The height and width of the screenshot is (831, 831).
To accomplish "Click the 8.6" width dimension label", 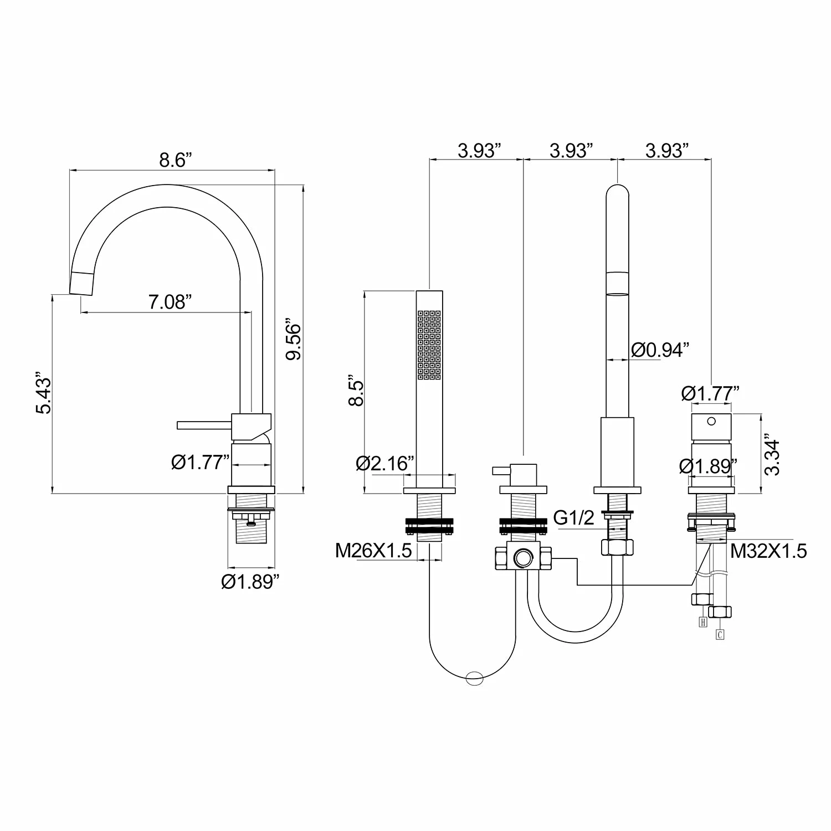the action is pos(176,160).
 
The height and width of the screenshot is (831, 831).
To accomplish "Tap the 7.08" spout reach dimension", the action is pos(170,302).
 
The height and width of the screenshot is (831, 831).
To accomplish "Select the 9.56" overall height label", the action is pos(293,339).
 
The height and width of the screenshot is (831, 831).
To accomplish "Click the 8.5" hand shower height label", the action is pos(356,393).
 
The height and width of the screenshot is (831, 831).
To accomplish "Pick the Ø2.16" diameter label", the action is pos(385,463).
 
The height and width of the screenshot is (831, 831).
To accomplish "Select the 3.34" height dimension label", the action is pos(772,454).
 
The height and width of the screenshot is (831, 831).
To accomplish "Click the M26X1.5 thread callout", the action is pos(373,550).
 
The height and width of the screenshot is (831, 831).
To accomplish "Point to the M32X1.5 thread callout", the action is pos(768,551).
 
